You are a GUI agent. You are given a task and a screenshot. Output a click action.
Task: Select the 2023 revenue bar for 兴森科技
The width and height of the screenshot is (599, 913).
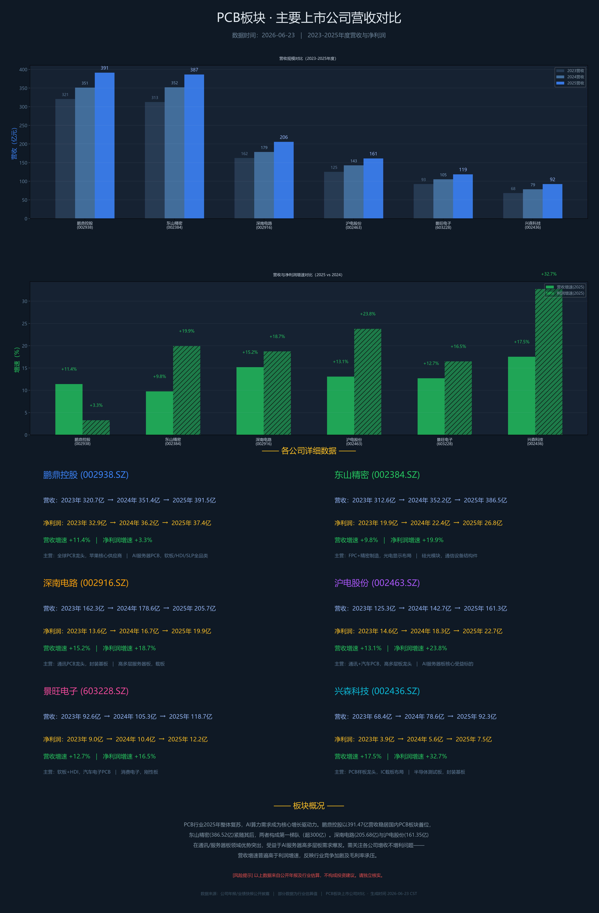click(x=513, y=206)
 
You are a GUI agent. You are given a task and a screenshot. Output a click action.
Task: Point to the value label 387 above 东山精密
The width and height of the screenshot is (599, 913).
click(x=194, y=70)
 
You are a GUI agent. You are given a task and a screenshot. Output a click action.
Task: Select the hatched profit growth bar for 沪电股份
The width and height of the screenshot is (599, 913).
click(x=368, y=382)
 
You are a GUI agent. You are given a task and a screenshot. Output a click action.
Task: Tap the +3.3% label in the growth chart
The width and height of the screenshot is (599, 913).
click(x=96, y=405)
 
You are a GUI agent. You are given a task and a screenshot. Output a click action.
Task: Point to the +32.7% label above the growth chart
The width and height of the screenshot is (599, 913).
click(x=549, y=274)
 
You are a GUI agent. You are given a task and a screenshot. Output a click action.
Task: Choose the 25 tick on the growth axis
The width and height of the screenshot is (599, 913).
click(x=25, y=323)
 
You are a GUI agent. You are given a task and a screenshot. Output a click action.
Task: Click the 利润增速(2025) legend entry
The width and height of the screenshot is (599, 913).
click(x=565, y=293)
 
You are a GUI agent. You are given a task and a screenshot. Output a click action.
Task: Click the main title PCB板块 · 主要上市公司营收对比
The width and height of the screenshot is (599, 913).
click(x=309, y=18)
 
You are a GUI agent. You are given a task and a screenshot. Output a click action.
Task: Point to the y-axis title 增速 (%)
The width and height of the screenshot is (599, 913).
click(x=16, y=360)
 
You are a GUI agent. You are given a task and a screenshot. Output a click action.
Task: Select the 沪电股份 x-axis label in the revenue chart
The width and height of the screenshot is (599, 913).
click(x=353, y=225)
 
